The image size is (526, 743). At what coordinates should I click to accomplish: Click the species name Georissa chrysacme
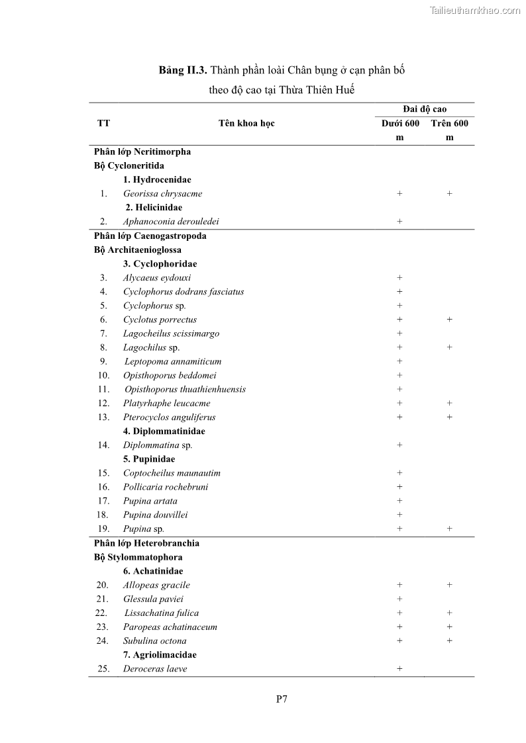(x=162, y=194)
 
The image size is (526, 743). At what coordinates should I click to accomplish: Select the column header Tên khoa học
(x=246, y=123)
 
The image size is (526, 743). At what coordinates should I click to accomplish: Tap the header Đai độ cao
(x=424, y=109)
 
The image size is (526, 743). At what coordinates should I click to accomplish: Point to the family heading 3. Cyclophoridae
(x=160, y=264)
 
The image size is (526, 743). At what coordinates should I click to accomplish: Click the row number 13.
(x=103, y=417)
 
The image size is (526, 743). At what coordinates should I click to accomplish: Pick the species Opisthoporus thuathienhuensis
(x=185, y=390)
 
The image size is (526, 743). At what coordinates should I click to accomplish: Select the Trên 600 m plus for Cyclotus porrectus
(x=449, y=320)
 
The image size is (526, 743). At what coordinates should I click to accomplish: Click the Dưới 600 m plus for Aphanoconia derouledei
(x=399, y=222)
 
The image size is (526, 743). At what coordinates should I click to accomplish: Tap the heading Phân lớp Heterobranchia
(x=146, y=543)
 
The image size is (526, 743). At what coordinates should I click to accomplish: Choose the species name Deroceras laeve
(x=155, y=669)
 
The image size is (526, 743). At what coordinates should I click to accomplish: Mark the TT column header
(x=103, y=123)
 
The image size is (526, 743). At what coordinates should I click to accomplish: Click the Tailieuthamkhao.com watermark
(x=474, y=10)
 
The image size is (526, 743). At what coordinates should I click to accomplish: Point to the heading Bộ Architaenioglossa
(x=137, y=250)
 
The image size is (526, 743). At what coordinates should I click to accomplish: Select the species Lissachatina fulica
(x=161, y=613)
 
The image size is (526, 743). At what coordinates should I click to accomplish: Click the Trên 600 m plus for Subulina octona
(x=449, y=640)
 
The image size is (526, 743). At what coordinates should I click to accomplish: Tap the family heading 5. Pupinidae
(x=149, y=459)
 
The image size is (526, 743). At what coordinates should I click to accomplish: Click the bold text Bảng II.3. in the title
(x=183, y=70)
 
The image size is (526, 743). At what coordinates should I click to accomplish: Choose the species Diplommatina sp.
(x=158, y=445)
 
